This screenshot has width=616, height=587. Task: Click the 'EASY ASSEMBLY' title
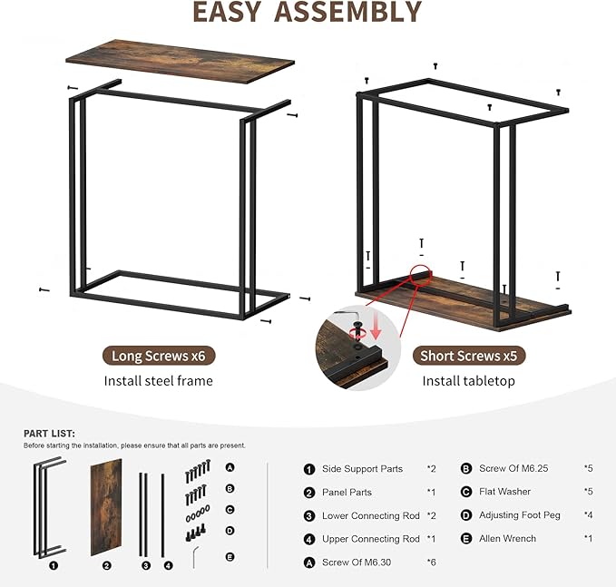[x=308, y=12]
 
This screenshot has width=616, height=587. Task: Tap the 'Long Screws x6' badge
[x=159, y=356]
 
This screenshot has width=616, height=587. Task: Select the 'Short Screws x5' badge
[x=474, y=356]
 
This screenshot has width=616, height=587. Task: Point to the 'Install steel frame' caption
[x=159, y=381]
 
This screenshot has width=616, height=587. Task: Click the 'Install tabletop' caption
[x=469, y=381]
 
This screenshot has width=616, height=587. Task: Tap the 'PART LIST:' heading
[x=49, y=434]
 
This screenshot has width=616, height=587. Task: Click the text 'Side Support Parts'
[x=362, y=469]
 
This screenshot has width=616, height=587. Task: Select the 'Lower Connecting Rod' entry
[x=371, y=515]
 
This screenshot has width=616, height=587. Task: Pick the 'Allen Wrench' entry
[x=507, y=539]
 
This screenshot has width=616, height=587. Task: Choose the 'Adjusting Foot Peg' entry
[x=520, y=515]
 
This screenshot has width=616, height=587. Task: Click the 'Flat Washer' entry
[x=504, y=493]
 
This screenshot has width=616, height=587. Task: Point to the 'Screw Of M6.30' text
[x=357, y=563]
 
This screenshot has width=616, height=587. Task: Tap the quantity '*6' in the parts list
[x=432, y=563]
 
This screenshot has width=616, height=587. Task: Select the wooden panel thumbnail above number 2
[x=106, y=506]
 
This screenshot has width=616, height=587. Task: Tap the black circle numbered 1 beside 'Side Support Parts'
[x=309, y=469]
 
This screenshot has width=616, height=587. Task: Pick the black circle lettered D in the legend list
[x=466, y=515]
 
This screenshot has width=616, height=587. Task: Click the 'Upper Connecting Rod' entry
[x=371, y=539]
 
